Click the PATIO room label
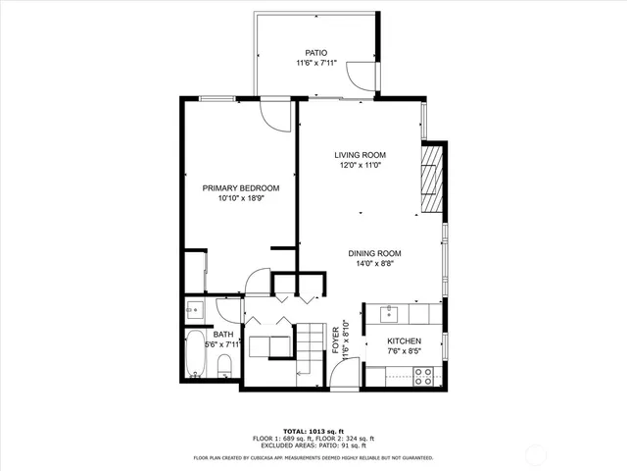pyautogui.click(x=314, y=53)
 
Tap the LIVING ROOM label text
pyautogui.click(x=360, y=155)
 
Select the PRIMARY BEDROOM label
pyautogui.click(x=241, y=187)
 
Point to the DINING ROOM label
pyautogui.click(x=374, y=253)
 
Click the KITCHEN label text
pyautogui.click(x=404, y=341)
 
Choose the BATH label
pyautogui.click(x=223, y=335)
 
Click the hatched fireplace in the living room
pyautogui.click(x=432, y=180)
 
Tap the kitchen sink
pyautogui.click(x=390, y=313)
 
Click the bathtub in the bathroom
pyautogui.click(x=194, y=356)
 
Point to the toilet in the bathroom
pyautogui.click(x=224, y=367)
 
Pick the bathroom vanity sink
pyautogui.click(x=193, y=311)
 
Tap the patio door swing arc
pyautogui.click(x=364, y=74)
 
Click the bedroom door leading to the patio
pyautogui.click(x=278, y=114)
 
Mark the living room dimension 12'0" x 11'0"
pyautogui.click(x=360, y=166)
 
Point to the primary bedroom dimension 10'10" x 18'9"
pyautogui.click(x=241, y=198)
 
